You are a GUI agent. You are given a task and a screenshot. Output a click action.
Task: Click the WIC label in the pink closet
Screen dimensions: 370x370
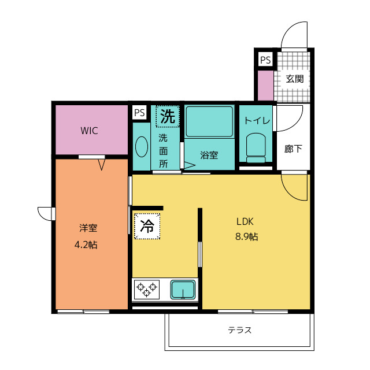point(89,131)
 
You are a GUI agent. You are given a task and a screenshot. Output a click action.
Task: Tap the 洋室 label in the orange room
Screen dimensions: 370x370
point(88,228)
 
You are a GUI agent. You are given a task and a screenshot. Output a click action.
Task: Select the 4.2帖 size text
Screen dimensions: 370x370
point(86,245)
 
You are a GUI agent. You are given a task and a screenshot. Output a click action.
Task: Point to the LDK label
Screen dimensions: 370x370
point(245,221)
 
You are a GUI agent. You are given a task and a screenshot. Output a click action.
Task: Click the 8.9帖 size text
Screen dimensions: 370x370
point(246,236)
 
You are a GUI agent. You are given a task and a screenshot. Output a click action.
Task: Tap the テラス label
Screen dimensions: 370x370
point(240,330)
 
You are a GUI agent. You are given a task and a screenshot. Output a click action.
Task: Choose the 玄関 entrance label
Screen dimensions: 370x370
point(295,79)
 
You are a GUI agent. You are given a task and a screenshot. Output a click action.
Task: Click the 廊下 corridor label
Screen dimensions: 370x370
point(293,149)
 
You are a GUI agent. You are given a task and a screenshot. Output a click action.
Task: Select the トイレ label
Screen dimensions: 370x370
point(257,121)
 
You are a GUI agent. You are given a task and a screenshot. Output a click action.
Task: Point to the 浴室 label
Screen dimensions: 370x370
point(209,155)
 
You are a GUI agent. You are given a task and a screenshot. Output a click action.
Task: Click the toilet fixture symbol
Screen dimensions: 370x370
point(256,148)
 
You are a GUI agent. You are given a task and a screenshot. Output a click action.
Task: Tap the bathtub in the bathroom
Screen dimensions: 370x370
point(209,121)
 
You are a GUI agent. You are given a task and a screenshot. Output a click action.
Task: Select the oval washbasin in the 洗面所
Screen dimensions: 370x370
point(142,146)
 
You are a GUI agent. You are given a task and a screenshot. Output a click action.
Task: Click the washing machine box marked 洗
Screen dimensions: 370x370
point(168,116)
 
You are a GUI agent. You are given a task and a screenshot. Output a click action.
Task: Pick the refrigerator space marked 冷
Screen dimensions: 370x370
point(147,226)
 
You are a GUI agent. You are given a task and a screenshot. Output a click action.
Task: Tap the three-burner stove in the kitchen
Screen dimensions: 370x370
point(147,290)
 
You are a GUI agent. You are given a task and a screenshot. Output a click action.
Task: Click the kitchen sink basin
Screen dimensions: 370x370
point(183,290)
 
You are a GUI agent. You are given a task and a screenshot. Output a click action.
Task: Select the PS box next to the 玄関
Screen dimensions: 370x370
point(265,60)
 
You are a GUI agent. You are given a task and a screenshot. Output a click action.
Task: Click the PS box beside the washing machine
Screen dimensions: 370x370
point(139,113)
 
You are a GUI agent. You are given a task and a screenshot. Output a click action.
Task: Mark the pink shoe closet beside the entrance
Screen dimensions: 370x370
point(266,86)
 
